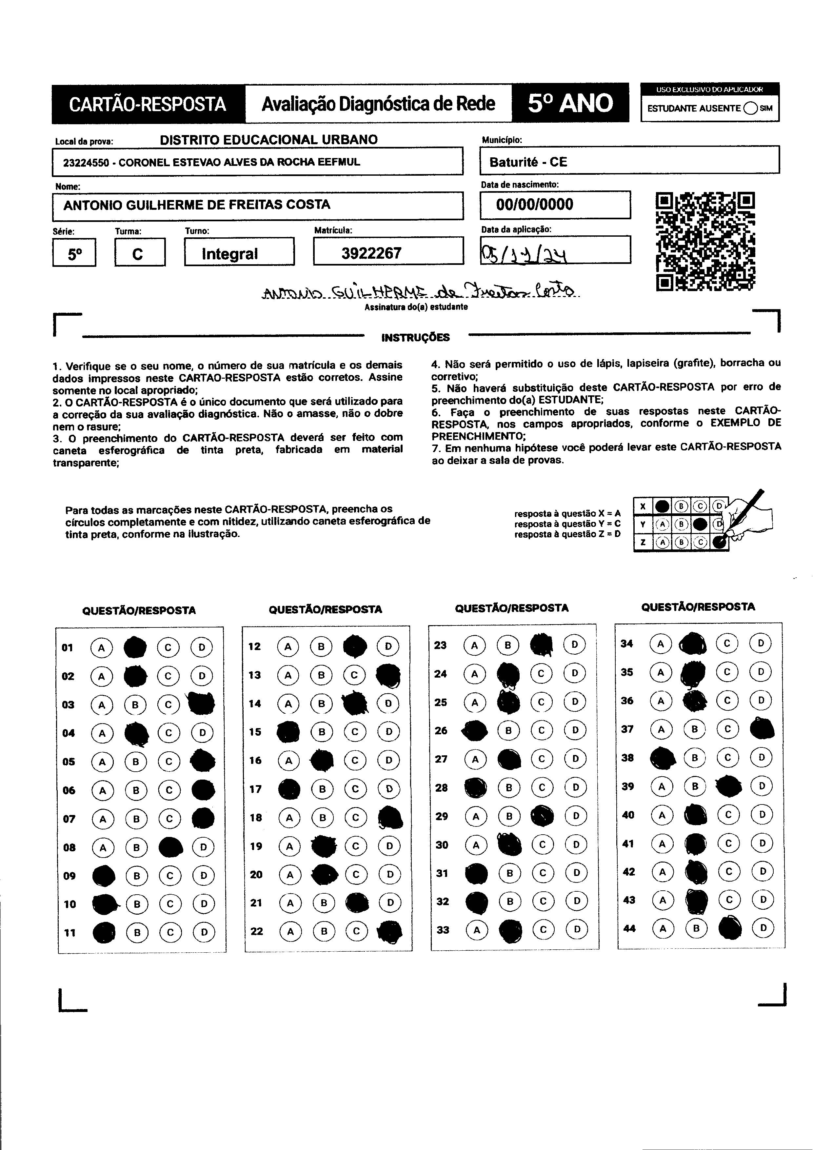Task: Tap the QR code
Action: click(705, 241)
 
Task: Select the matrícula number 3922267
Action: click(371, 253)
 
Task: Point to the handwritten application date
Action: click(524, 257)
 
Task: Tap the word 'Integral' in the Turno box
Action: click(230, 254)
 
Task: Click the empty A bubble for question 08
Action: click(103, 847)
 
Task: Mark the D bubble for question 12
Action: click(388, 646)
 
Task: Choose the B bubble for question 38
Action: click(695, 758)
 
